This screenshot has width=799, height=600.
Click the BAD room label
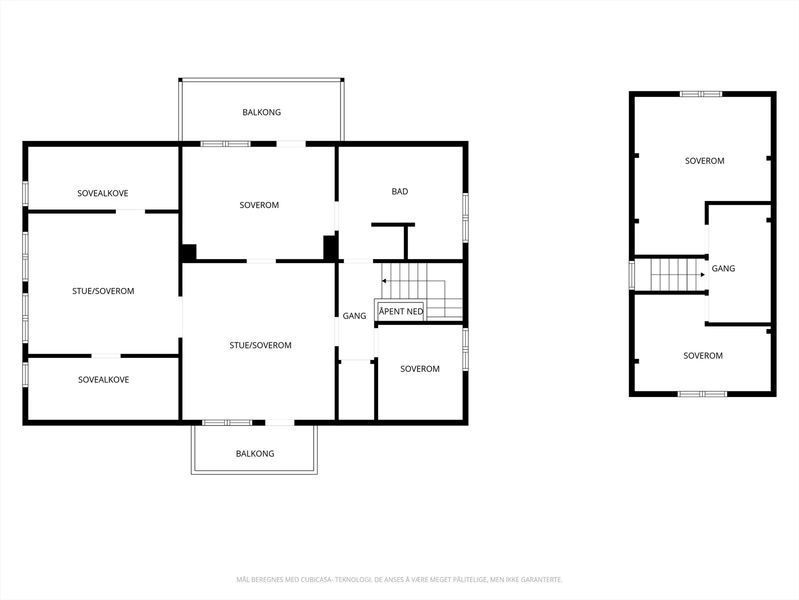point(399,191)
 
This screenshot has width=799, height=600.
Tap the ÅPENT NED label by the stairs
point(401,311)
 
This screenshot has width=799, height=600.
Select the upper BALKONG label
point(261,112)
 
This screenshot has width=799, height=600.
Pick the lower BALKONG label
point(255,453)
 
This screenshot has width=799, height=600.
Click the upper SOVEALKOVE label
point(103,193)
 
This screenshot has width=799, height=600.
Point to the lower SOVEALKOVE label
point(103,379)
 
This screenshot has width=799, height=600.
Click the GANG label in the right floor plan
point(723,268)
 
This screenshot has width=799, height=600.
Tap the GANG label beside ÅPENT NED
point(354,316)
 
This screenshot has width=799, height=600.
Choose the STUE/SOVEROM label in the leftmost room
point(103,291)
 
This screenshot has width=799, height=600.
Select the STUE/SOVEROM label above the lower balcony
point(260,345)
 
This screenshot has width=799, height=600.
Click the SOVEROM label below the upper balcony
point(259,205)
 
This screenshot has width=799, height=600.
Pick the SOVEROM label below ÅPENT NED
point(419,369)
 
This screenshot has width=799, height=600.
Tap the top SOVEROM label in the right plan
point(705,161)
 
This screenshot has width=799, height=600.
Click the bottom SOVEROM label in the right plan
point(703,355)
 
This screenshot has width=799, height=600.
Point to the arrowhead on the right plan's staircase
point(703,274)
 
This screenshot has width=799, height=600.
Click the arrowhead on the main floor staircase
point(384,281)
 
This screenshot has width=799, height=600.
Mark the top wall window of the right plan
point(701,94)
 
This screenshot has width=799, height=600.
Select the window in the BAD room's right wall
point(465,218)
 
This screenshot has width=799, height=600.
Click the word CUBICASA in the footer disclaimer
point(316,579)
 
